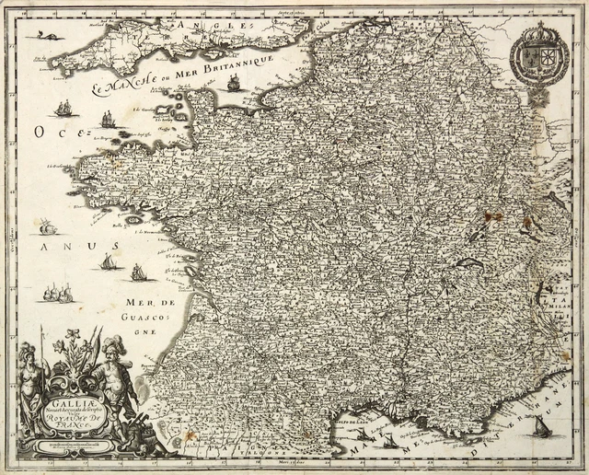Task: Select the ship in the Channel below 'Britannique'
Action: tap(233, 83)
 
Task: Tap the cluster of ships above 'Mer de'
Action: tap(58, 294)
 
